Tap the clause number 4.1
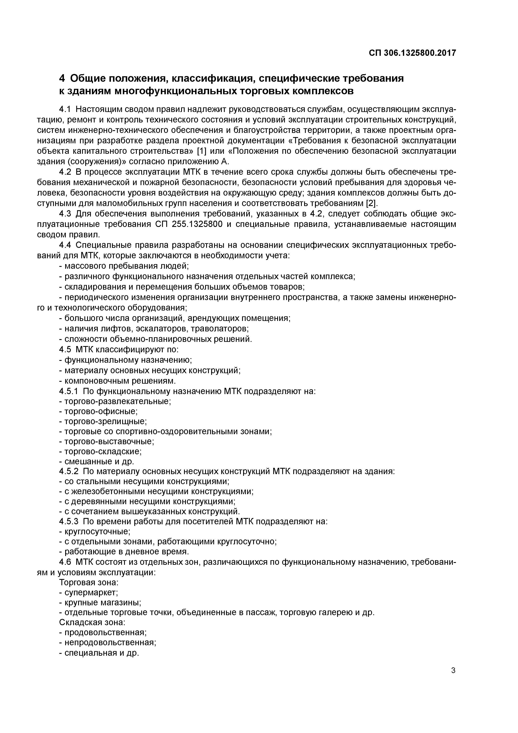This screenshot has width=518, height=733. (65, 109)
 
